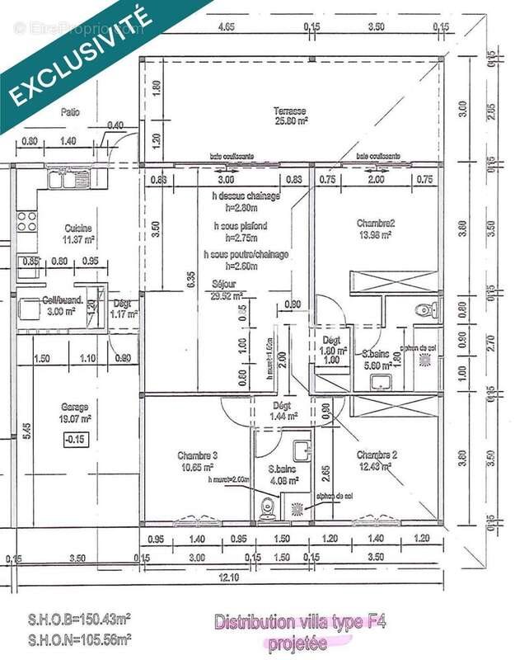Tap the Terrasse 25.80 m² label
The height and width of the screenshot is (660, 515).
click(x=291, y=115)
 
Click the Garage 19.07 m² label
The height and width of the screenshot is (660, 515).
click(x=73, y=412)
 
